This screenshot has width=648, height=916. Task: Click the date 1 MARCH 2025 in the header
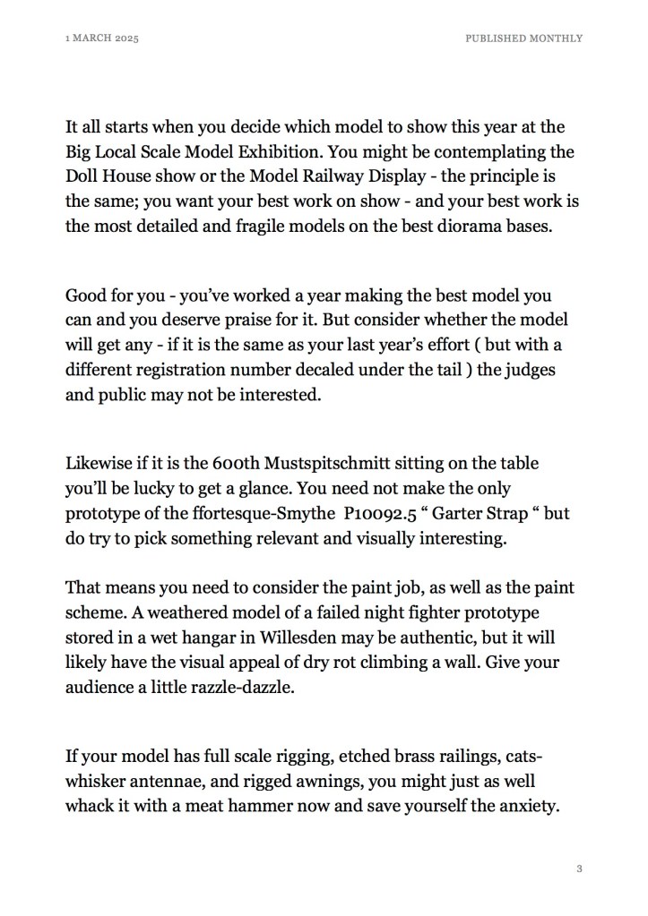tap(102, 39)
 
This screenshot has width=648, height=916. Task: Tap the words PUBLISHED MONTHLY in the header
tap(523, 39)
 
